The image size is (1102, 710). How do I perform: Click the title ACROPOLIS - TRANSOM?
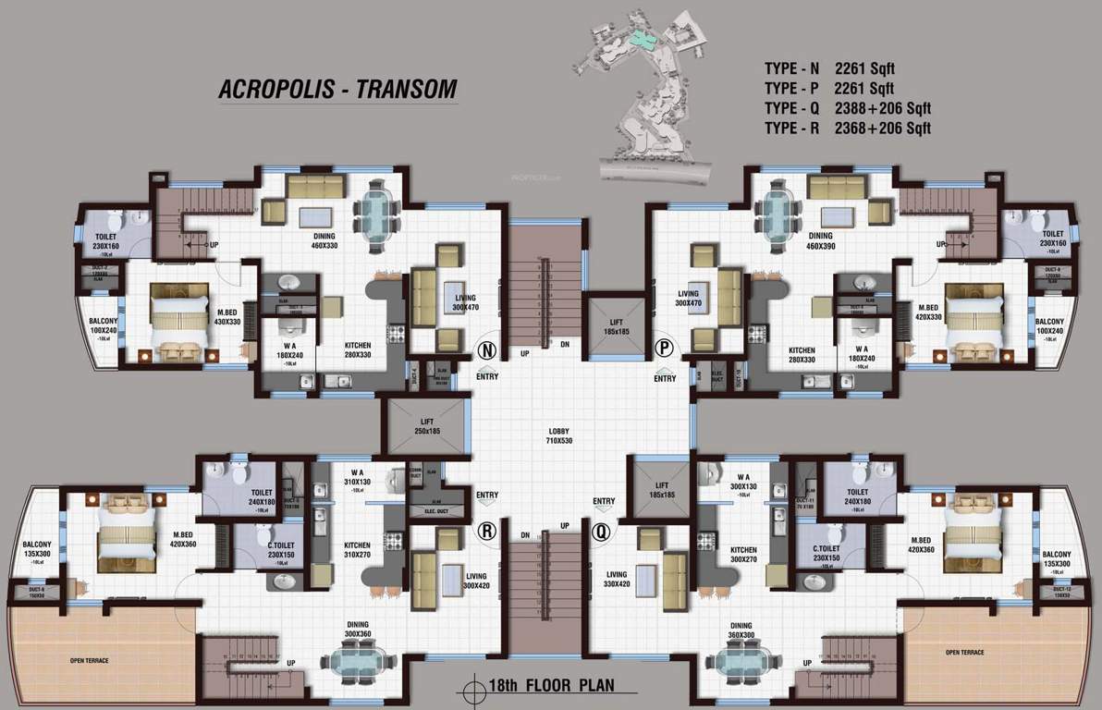click(337, 89)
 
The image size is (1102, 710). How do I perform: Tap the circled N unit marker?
click(487, 351)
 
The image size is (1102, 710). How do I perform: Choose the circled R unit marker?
click(487, 531)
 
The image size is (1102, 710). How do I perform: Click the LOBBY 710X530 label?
click(558, 435)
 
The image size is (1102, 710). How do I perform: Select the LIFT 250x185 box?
click(426, 426)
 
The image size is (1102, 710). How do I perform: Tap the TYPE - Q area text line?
click(847, 108)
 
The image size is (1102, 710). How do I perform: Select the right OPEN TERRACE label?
click(964, 653)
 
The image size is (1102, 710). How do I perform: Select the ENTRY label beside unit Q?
click(604, 502)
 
